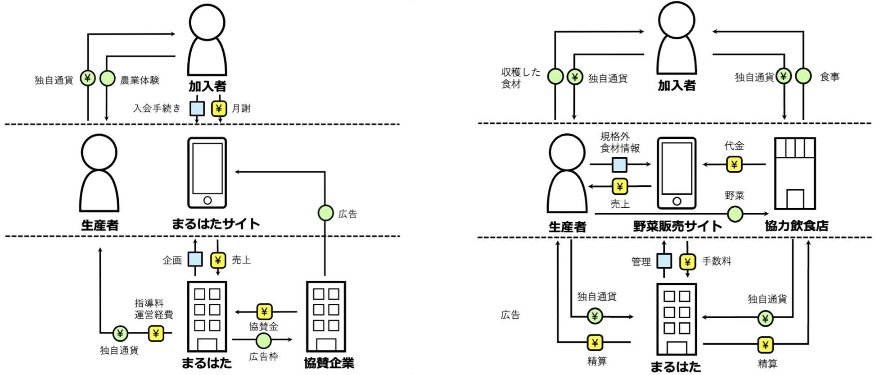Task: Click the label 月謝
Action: pyautogui.click(x=241, y=108)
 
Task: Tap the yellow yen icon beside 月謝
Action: pyautogui.click(x=219, y=108)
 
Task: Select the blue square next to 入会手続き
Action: pyautogui.click(x=197, y=108)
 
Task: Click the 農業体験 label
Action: pyautogui.click(x=140, y=80)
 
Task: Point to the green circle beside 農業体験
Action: pyautogui.click(x=107, y=78)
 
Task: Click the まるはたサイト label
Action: pyautogui.click(x=216, y=224)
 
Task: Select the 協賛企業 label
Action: pyautogui.click(x=329, y=363)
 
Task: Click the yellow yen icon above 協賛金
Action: pyautogui.click(x=264, y=311)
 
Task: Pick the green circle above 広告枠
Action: pyautogui.click(x=263, y=340)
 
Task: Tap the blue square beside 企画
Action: pyautogui.click(x=195, y=260)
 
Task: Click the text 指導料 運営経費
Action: pyautogui.click(x=154, y=309)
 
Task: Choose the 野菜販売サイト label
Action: pyautogui.click(x=677, y=226)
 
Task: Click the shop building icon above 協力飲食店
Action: pyautogui.click(x=795, y=174)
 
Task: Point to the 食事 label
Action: pyautogui.click(x=830, y=77)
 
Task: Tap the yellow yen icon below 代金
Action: pyautogui.click(x=734, y=165)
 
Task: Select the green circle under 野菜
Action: pyautogui.click(x=735, y=214)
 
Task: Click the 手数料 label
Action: pyautogui.click(x=717, y=261)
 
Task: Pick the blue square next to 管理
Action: pyautogui.click(x=664, y=261)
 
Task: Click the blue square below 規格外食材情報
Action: pyautogui.click(x=619, y=165)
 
